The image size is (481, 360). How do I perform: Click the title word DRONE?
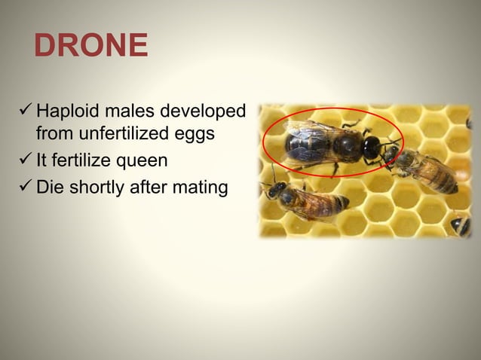tap(90, 46)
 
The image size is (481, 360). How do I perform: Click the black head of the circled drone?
tap(372, 147)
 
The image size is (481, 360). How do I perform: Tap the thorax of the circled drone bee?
tap(347, 146)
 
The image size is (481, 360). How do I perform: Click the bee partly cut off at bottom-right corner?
tap(461, 225)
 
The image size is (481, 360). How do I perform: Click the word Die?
tap(50, 186)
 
